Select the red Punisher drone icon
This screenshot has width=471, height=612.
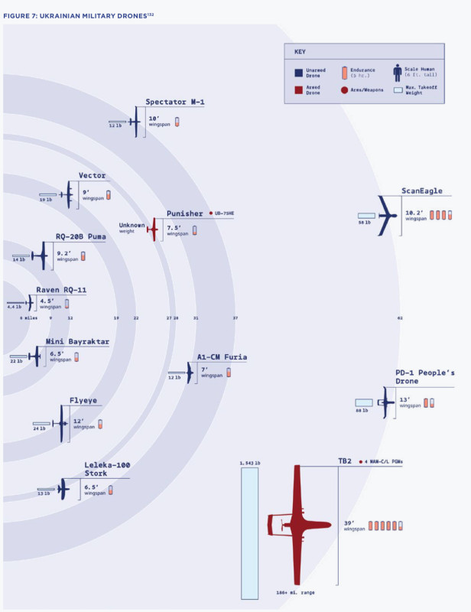154,228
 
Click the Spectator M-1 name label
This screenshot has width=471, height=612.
175,103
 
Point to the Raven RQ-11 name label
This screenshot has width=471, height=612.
61,291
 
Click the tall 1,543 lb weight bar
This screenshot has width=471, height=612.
249,533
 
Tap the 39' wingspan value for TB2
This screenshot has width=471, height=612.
349,523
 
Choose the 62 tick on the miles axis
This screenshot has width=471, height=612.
400,317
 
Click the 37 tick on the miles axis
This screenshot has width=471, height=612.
235,317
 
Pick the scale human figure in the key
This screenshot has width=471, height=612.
397,73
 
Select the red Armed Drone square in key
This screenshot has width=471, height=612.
298,89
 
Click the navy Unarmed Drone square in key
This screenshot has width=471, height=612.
298,72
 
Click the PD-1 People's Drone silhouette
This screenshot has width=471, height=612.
384,404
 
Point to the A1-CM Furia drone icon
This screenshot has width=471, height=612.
190,373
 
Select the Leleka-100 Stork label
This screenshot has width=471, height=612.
107,469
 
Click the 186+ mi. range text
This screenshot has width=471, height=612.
297,593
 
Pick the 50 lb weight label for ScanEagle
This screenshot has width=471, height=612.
364,223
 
